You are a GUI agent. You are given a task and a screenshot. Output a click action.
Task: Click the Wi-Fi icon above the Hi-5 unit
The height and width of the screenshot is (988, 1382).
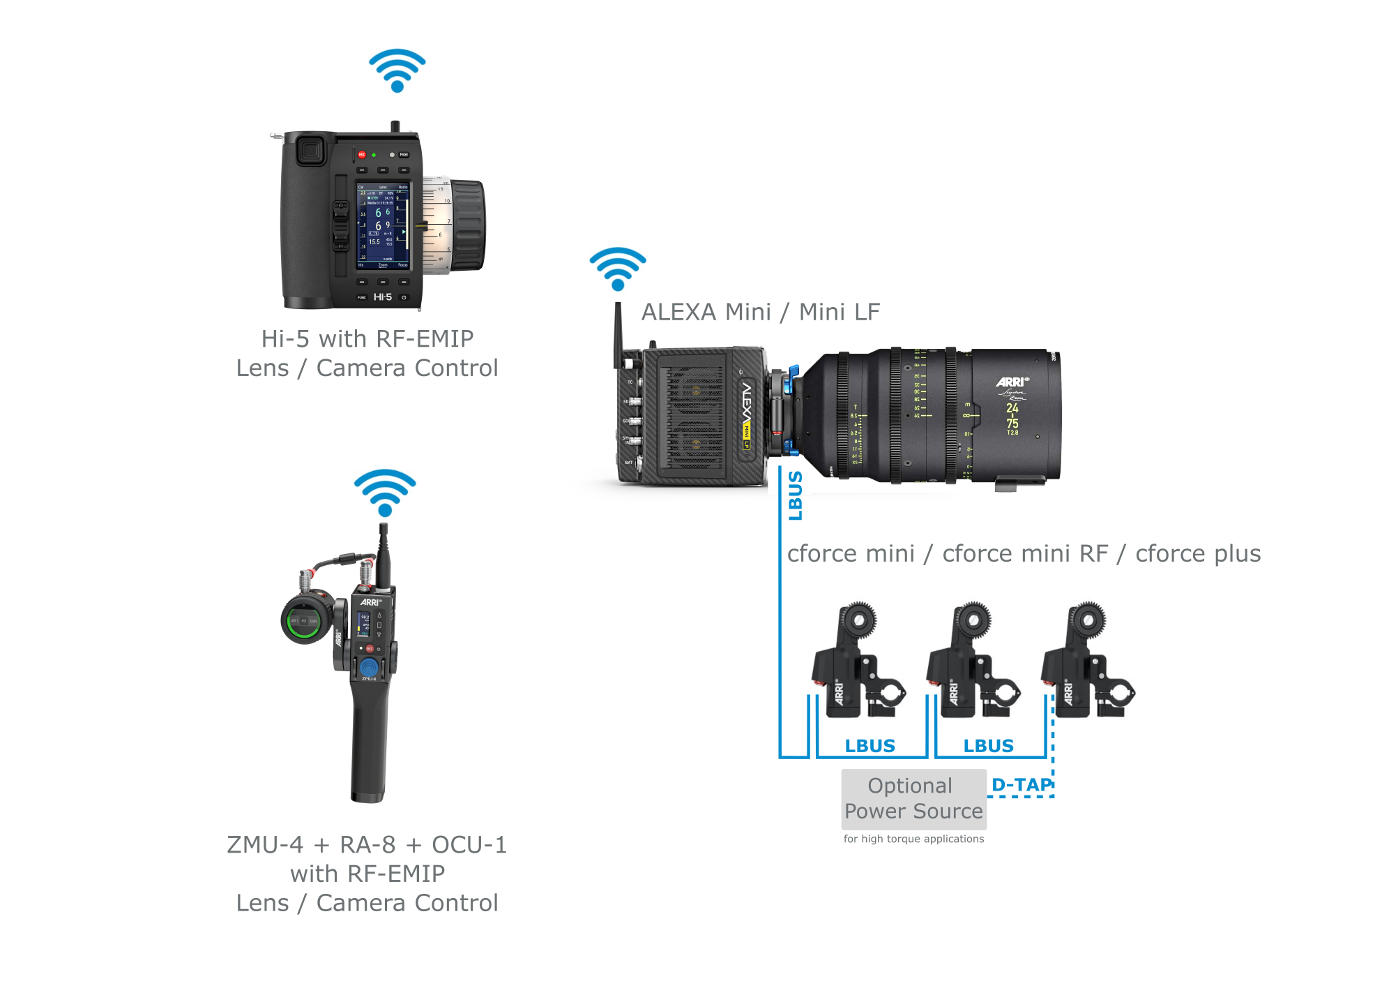click(397, 70)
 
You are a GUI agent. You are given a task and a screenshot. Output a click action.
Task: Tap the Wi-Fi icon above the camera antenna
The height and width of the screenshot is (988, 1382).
click(617, 269)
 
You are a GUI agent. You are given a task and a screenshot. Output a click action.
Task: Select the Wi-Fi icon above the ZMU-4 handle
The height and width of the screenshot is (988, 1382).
click(384, 492)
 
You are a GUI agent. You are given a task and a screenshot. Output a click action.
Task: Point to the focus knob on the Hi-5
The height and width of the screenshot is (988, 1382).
click(467, 225)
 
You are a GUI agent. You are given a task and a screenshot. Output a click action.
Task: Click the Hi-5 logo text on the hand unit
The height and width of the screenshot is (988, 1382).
click(383, 297)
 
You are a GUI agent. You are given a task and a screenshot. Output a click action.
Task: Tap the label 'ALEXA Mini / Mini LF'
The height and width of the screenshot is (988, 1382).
click(760, 312)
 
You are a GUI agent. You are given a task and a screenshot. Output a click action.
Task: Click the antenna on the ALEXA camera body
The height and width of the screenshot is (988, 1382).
click(618, 334)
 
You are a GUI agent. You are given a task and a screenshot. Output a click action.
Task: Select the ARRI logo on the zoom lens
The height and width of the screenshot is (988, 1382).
click(1012, 382)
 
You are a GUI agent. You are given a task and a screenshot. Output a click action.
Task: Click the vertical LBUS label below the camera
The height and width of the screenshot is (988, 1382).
click(795, 495)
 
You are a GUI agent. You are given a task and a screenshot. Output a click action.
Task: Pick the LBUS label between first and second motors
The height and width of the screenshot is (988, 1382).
click(870, 746)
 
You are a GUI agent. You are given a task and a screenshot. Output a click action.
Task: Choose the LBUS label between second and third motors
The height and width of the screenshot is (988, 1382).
click(988, 746)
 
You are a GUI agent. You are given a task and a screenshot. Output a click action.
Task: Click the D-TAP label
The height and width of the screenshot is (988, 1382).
click(1021, 785)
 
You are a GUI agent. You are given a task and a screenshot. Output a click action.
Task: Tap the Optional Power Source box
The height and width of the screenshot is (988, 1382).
click(913, 799)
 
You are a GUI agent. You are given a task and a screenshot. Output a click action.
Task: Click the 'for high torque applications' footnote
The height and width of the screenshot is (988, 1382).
click(913, 839)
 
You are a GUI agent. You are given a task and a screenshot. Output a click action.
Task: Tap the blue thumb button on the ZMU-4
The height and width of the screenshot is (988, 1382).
click(369, 667)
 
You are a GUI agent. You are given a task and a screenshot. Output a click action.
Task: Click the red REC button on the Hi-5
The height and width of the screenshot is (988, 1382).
click(361, 155)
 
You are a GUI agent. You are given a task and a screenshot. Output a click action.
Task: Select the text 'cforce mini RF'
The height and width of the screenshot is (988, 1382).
click(1024, 553)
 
